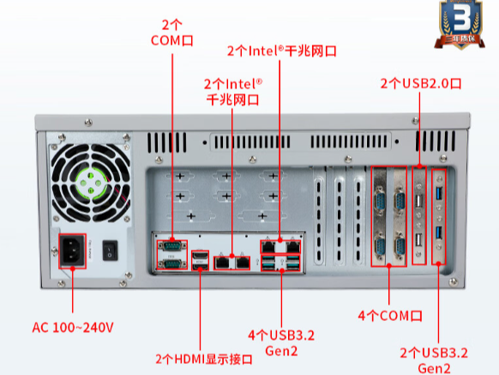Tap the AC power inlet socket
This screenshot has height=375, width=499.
(73, 252)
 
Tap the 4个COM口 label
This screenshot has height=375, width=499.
(390, 316)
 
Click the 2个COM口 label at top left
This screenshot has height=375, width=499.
(172, 31)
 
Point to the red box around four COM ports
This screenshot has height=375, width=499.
(388, 215)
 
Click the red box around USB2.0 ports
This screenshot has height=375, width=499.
(419, 215)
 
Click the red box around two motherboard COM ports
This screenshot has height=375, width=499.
(172, 255)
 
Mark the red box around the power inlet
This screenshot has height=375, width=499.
(73, 252)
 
